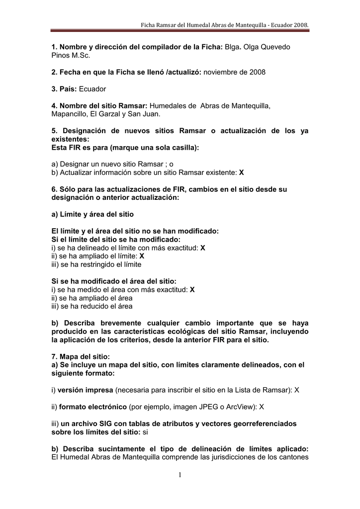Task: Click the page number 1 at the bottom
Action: [x=180, y=476]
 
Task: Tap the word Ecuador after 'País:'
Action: [x=92, y=89]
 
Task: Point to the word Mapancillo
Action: [x=69, y=114]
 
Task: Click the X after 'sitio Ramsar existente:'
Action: [x=242, y=172]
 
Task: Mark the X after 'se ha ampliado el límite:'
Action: [x=142, y=255]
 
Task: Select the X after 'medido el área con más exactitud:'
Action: [x=192, y=289]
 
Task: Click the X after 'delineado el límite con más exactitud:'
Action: [x=203, y=248]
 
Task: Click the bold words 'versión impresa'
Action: [x=86, y=390]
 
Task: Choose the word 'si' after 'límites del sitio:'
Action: [x=146, y=432]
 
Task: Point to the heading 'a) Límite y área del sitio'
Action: [x=93, y=214]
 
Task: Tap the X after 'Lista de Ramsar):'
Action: [x=297, y=390]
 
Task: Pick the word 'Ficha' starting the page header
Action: [x=150, y=24]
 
